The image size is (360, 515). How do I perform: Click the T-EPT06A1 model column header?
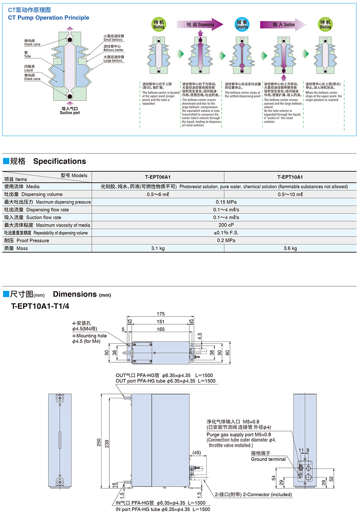[x=158, y=177]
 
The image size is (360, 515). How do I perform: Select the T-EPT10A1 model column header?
[x=290, y=177]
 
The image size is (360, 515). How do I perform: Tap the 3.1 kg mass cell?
[x=158, y=248]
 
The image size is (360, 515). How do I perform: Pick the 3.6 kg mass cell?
[x=290, y=248]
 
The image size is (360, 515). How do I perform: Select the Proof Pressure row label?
[x=27, y=241]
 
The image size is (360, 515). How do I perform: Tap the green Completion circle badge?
[x=242, y=24]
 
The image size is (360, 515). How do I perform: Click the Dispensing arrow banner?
[x=200, y=24]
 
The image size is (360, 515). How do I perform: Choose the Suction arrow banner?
[x=283, y=24]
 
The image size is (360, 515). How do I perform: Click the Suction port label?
[x=70, y=111]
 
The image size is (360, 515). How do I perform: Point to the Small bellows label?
[x=113, y=38]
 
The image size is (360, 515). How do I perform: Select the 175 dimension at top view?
[x=161, y=314]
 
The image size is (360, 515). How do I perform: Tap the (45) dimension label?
[x=197, y=452]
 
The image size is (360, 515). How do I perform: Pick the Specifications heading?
[x=59, y=161]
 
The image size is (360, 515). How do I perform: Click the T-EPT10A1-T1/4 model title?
[x=40, y=306]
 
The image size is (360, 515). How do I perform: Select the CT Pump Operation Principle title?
[x=49, y=18]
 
